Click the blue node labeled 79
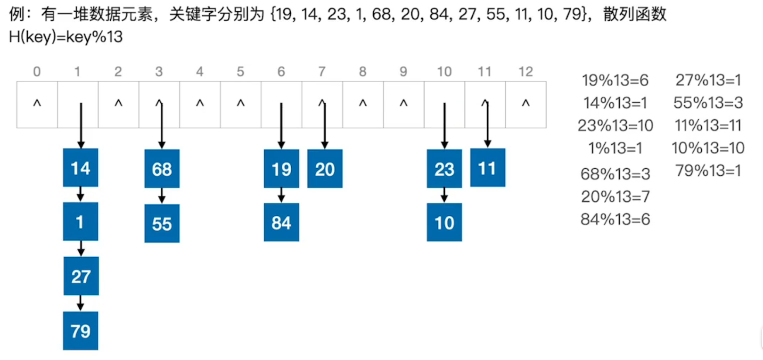click(81, 331)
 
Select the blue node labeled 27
click(81, 276)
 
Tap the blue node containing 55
click(162, 223)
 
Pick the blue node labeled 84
click(281, 222)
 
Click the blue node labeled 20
click(325, 169)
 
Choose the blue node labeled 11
click(488, 168)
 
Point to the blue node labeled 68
click(162, 169)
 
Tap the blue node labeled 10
click(444, 222)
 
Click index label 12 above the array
click(525, 72)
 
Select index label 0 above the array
click(37, 72)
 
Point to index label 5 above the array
click(240, 72)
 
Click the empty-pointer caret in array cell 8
click(363, 103)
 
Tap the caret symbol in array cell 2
click(118, 103)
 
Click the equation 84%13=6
click(615, 219)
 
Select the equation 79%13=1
click(708, 170)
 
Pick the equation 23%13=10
click(615, 125)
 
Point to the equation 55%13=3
click(708, 103)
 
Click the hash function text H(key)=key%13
click(66, 37)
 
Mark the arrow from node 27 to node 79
click(81, 303)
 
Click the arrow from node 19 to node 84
click(281, 196)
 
